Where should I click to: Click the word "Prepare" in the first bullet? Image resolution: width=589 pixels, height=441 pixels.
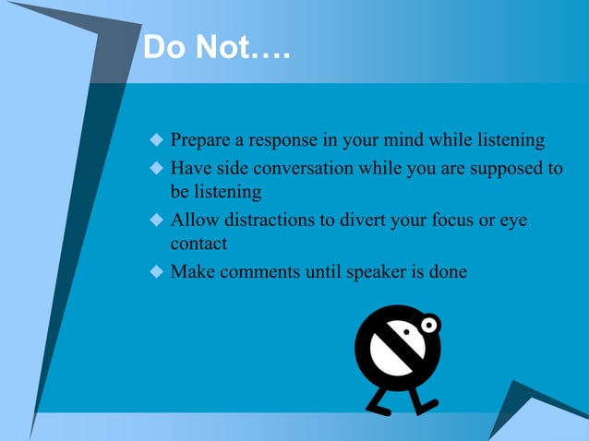(199, 141)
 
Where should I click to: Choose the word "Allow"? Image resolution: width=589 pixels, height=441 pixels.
(192, 222)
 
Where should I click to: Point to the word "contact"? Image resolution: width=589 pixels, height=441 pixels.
(198, 244)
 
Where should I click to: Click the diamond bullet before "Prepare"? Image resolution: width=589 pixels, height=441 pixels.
(155, 141)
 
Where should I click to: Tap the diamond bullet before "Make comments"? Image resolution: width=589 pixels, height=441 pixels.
(155, 273)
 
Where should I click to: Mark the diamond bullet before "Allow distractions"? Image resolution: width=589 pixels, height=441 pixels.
(155, 222)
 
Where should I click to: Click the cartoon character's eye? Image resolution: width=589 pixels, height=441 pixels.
(429, 325)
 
